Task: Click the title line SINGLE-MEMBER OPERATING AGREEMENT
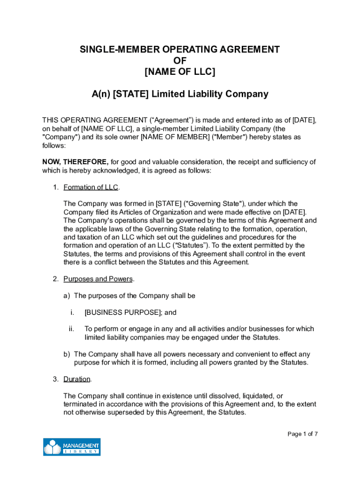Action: pos(180,50)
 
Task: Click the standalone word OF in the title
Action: pos(180,61)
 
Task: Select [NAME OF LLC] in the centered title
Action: pos(180,72)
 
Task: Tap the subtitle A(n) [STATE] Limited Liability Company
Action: pos(180,94)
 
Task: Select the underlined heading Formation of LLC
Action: pos(91,188)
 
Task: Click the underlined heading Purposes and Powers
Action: pos(98,279)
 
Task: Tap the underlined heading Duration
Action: pos(77,379)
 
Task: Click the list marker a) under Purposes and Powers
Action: pos(67,296)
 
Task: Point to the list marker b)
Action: pos(67,354)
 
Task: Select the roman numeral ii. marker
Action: pos(72,329)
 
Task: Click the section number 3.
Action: pos(55,379)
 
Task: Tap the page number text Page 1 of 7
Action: pos(302,434)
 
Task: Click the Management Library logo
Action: pos(72,447)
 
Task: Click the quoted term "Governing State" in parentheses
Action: pos(215,203)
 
